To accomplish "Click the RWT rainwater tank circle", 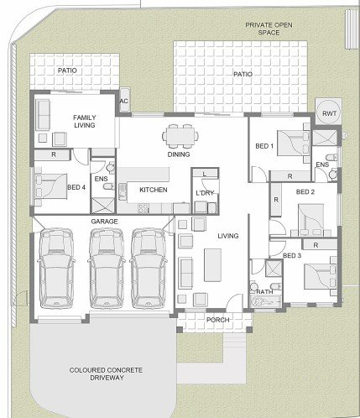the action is click(329, 113).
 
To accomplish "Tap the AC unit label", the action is click(124, 101).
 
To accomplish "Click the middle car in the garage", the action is click(107, 269).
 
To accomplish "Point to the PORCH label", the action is click(218, 320).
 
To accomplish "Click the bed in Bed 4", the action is click(51, 186).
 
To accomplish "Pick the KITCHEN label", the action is click(154, 190).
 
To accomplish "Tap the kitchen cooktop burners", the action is click(143, 208).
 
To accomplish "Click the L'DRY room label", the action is click(205, 193).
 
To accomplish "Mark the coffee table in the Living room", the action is click(212, 264).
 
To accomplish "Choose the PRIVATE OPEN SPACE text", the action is click(269, 29).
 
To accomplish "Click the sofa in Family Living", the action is click(43, 115).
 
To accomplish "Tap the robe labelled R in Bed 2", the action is click(276, 200).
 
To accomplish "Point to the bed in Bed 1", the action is click(291, 143).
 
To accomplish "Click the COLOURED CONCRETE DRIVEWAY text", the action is click(106, 374).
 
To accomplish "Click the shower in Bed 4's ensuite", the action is click(103, 206).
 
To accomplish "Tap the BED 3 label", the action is click(292, 255).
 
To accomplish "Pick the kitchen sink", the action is click(123, 191).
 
